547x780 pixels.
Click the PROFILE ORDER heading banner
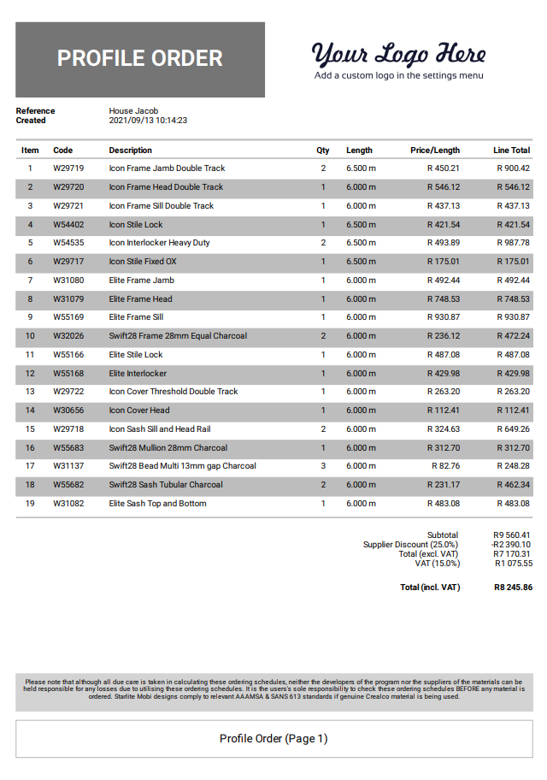(x=140, y=59)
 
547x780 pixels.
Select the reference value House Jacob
(x=133, y=111)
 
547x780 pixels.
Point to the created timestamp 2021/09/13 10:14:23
(x=148, y=121)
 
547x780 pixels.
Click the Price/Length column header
(x=434, y=151)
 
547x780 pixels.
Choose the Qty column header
(x=323, y=151)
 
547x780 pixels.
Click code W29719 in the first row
(x=68, y=168)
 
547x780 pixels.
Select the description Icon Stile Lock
(x=136, y=225)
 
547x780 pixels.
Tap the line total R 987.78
(x=513, y=243)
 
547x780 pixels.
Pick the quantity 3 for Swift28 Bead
(x=323, y=466)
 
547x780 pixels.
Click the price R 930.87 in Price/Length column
(x=443, y=317)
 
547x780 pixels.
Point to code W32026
(x=68, y=336)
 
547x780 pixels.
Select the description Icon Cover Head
(x=139, y=411)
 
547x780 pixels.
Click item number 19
(x=30, y=504)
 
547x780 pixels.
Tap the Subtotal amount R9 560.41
(x=512, y=535)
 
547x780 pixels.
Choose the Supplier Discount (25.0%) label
(x=410, y=545)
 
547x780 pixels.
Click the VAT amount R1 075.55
(x=513, y=564)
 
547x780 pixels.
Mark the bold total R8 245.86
(x=513, y=588)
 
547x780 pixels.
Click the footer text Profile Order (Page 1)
(x=273, y=739)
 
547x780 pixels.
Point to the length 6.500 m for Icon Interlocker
(x=361, y=243)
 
